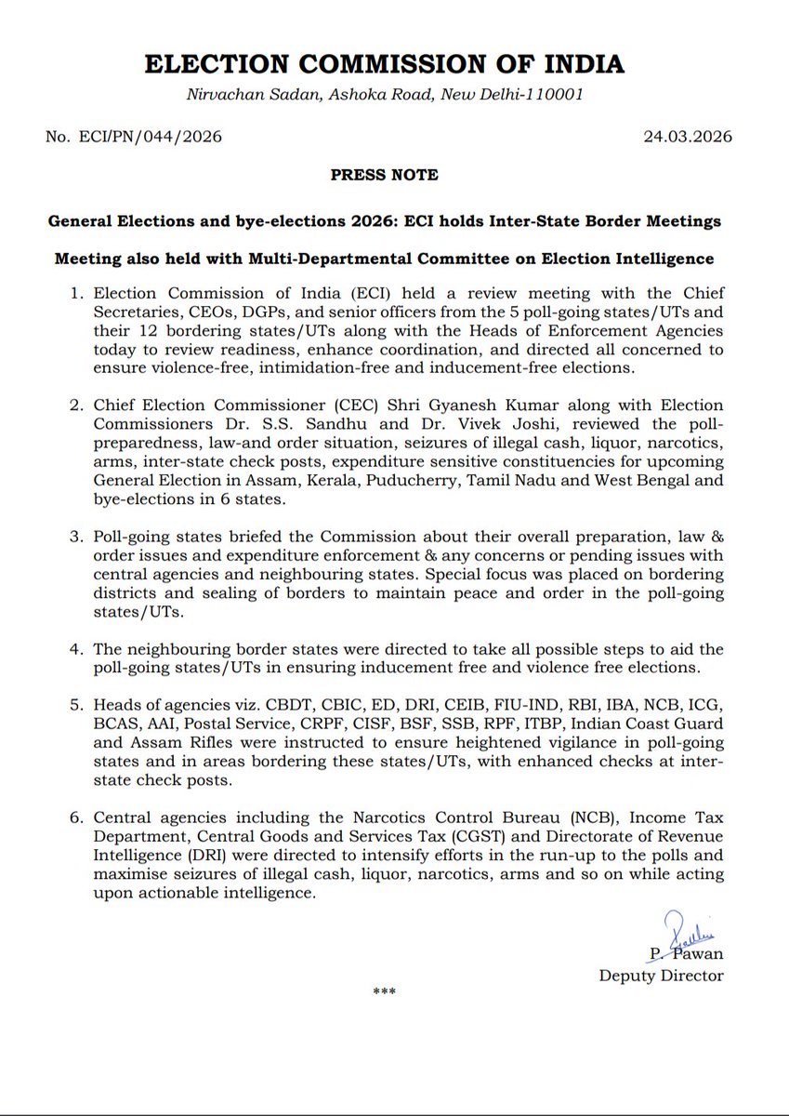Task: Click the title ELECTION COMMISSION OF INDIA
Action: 384,63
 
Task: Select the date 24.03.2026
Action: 687,137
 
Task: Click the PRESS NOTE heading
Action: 384,174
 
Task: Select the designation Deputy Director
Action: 661,975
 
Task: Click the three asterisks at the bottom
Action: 384,991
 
